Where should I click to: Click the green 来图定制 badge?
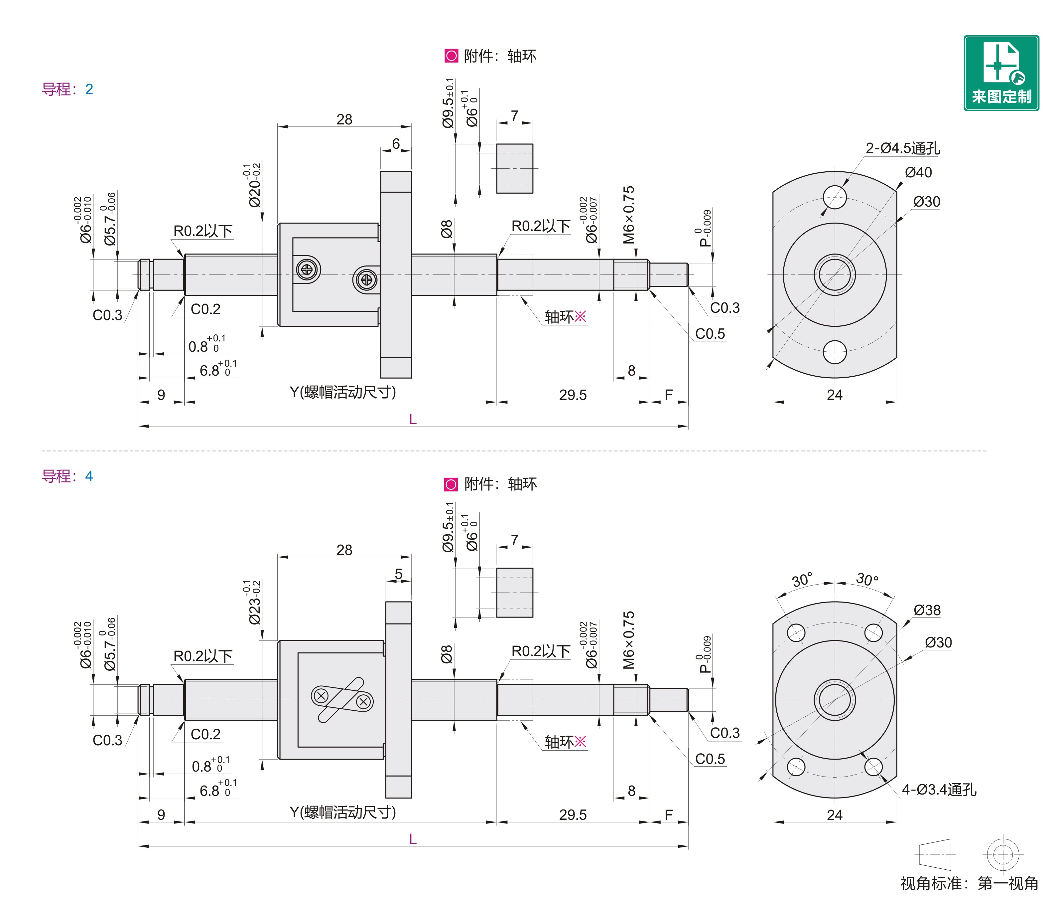coord(1001,73)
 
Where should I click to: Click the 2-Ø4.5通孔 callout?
coord(903,148)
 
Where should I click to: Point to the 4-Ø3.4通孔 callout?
coord(939,790)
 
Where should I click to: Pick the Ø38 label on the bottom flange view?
coord(927,610)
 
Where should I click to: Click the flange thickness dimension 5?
coord(398,574)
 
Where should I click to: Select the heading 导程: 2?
coord(67,90)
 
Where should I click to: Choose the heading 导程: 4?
coord(67,476)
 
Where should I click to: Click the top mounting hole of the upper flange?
coord(835,197)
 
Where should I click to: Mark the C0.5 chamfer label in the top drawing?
coord(710,334)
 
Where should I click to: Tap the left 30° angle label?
coord(802,580)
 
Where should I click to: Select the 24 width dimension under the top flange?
coord(835,395)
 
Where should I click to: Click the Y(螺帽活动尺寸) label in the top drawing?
coord(343,392)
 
